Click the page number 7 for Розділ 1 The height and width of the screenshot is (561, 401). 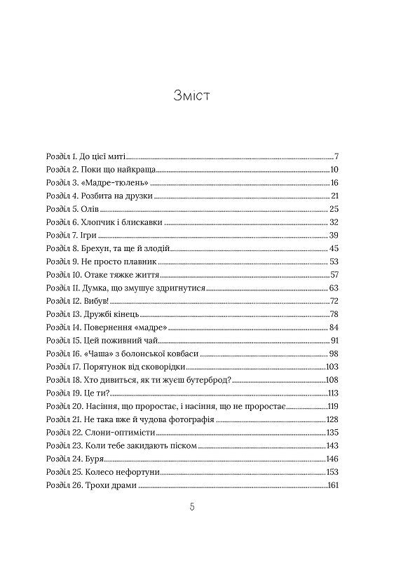[x=337, y=156]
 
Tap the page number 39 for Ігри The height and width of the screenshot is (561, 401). [x=334, y=235]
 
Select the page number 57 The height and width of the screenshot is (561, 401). [x=334, y=274]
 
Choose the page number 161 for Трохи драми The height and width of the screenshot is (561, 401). [x=333, y=485]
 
